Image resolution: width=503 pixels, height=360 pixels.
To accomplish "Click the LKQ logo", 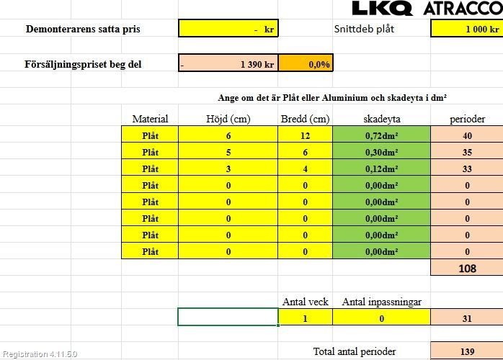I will [382, 8].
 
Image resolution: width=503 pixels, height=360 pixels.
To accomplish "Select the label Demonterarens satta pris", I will [83, 30].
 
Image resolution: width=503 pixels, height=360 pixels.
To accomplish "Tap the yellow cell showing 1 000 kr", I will [466, 29].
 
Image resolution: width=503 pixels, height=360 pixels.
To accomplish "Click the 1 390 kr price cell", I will [228, 64].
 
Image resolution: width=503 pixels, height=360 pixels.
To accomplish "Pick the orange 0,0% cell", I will [306, 64].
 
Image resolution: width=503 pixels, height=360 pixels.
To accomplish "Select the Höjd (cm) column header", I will [228, 119].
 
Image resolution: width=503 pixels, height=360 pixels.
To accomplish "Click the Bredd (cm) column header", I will [305, 119].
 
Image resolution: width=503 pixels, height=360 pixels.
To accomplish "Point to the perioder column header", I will [467, 119].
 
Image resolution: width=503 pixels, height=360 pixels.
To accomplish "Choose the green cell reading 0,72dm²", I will [381, 135].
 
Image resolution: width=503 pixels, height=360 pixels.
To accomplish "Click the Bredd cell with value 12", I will [305, 135].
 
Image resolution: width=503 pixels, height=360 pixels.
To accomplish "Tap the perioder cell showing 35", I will [467, 152].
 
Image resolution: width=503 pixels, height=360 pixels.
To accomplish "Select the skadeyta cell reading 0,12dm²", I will [381, 168].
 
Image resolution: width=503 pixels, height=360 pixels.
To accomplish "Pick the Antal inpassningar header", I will [381, 302].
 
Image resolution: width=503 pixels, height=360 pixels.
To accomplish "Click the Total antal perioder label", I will [355, 351].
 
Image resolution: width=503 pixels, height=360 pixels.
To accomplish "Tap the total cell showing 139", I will [467, 351].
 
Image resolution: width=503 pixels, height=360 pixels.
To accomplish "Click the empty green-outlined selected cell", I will [228, 317].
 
